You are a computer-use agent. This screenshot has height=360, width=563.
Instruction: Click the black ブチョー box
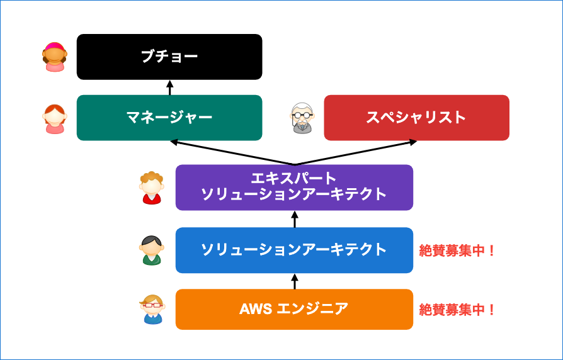pos(169,57)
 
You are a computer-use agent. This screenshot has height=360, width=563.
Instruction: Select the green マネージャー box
pos(169,118)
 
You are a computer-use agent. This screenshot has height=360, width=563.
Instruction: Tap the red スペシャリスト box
pos(416,118)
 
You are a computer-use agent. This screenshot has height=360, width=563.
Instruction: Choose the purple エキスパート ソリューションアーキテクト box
pos(294,188)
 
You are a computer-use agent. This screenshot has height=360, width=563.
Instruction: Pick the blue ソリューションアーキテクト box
pos(294,250)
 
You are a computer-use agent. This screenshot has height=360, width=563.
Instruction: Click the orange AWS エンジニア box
pos(294,310)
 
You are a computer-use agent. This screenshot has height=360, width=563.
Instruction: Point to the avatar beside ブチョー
pos(55,57)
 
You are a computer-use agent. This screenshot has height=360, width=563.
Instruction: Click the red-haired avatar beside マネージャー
pos(55,119)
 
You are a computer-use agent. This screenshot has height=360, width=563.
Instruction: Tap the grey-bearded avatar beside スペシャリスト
pos(302,118)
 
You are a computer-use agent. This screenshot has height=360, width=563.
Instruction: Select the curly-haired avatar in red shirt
pos(152,188)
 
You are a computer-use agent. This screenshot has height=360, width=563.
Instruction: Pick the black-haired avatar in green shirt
pos(152,250)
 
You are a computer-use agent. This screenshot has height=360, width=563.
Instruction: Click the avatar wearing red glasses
pos(152,309)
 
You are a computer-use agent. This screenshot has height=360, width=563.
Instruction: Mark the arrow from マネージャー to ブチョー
pos(170,87)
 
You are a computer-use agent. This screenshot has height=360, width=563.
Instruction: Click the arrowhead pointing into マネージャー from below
pos(174,142)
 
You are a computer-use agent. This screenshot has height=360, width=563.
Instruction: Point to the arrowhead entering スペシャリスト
pos(412,142)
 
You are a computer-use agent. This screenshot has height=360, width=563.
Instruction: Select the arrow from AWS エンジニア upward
pos(295,281)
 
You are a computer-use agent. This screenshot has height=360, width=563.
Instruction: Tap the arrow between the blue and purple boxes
pos(295,219)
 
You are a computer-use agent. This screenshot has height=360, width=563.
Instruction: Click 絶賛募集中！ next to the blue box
pos(457,250)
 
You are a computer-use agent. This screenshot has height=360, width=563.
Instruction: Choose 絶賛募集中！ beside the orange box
pos(457,310)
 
